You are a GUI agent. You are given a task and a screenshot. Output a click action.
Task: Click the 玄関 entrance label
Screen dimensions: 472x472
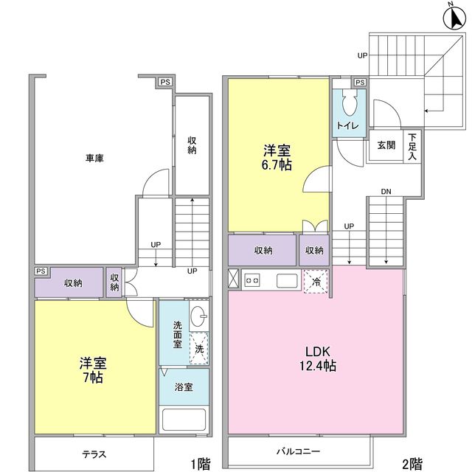coord(386,145)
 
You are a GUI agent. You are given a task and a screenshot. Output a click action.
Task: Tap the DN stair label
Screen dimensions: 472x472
coord(386,192)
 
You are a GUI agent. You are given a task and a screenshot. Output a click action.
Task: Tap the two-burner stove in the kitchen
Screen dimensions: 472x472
coord(252,280)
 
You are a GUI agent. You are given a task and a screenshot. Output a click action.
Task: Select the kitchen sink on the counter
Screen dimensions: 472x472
coord(287,280)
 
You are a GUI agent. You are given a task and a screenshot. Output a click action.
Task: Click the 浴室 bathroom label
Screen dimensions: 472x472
coord(183,386)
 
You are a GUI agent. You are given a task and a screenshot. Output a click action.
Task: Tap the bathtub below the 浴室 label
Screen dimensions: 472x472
coord(184,420)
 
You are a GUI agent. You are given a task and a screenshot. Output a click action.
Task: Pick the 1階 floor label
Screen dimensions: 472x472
coord(200,464)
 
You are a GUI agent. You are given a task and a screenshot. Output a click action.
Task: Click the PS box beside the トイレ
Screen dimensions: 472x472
coord(361,82)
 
